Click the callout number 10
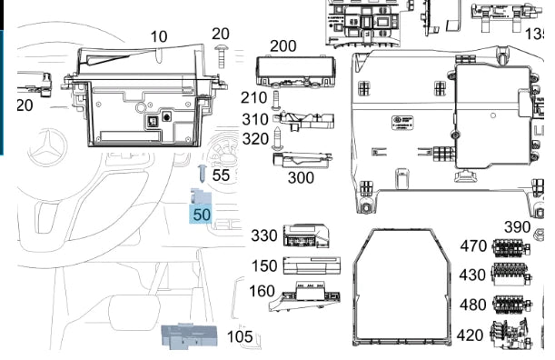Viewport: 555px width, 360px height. [x=159, y=36]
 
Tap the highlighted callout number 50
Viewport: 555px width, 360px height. [x=202, y=215]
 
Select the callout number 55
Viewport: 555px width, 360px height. [x=221, y=175]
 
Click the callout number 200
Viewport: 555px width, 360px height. [x=282, y=46]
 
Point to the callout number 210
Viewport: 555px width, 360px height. [x=253, y=98]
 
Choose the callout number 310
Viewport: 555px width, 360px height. [x=255, y=119]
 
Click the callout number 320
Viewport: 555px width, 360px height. [x=255, y=139]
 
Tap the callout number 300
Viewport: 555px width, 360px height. [x=301, y=178]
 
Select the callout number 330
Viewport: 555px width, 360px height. [x=263, y=236]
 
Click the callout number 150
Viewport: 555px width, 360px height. [x=264, y=266]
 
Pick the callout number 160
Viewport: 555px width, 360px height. [x=262, y=292]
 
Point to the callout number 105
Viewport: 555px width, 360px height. [x=240, y=337]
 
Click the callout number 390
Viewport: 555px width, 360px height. [x=517, y=227]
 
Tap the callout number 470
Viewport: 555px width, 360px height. [x=473, y=246]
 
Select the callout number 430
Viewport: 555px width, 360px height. [x=472, y=275]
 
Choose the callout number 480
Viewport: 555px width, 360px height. [x=473, y=305]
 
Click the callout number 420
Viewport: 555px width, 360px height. [x=470, y=335]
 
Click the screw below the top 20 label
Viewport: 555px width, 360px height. [x=221, y=57]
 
